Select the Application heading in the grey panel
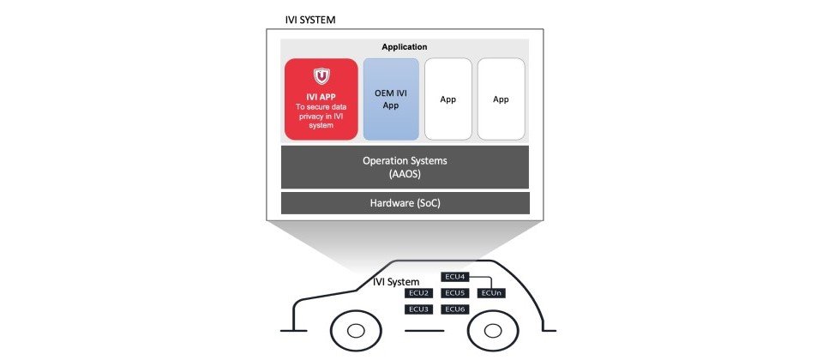tap(404, 46)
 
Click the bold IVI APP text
tap(321, 96)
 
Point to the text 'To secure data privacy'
tap(321, 111)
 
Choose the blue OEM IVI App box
tap(392, 99)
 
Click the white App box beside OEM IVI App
tap(448, 99)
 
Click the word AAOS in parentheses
tap(405, 174)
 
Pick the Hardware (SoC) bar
tap(405, 203)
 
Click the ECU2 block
tap(418, 293)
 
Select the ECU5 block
tap(454, 293)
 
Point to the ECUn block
tap(491, 293)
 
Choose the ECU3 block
tap(418, 309)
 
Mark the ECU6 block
tap(454, 309)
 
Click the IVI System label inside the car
tap(396, 281)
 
